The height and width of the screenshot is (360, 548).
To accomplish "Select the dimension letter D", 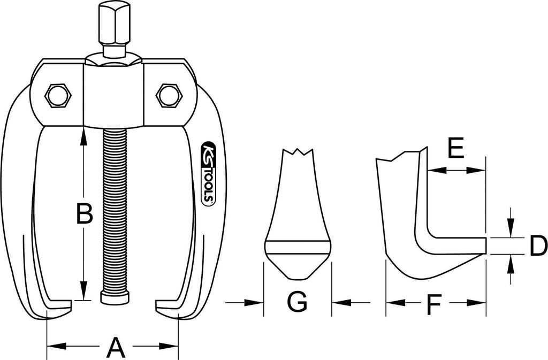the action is point(537,247).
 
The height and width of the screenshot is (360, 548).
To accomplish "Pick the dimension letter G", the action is point(297,303).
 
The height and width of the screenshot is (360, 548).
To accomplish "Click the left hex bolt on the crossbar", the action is point(58,96).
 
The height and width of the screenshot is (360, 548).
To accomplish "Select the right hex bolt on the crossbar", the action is point(169,96).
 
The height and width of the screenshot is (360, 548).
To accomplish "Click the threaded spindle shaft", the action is point(115,209).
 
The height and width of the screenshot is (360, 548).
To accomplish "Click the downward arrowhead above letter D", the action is point(511,231).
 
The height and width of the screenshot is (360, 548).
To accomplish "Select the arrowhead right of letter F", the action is point(479,303).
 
